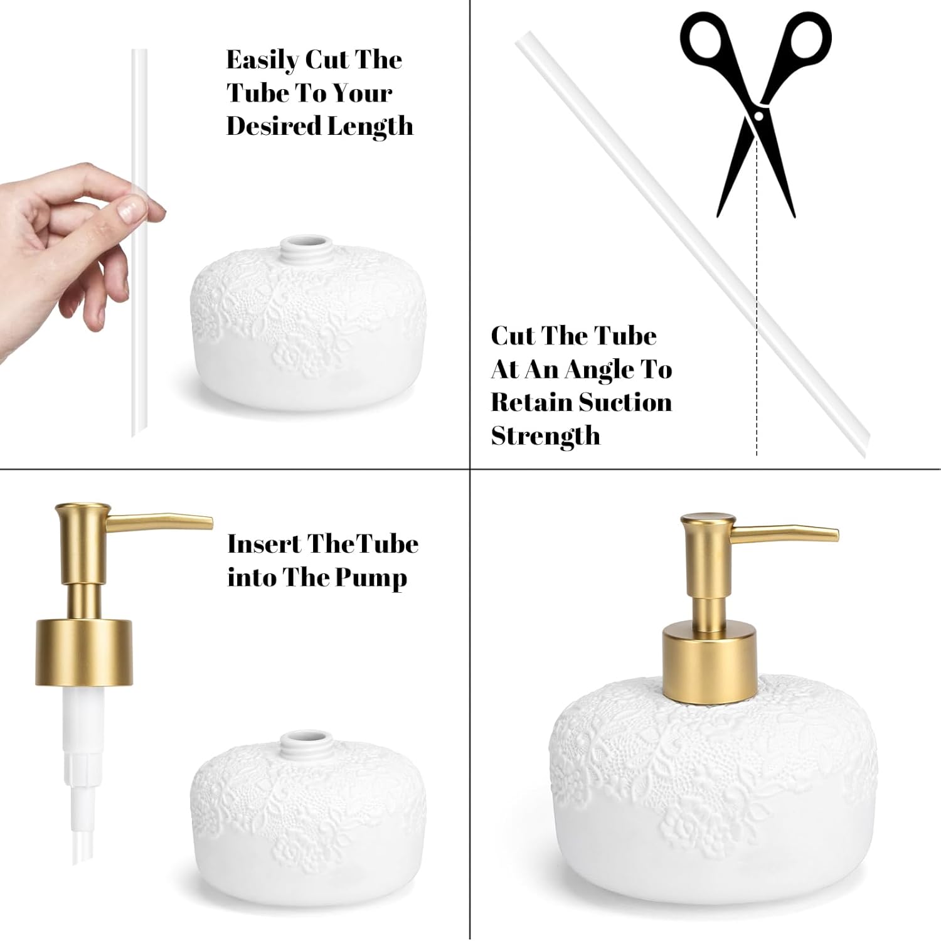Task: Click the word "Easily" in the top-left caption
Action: [262, 61]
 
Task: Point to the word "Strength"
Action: [545, 435]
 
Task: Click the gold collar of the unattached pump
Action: [84, 651]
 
